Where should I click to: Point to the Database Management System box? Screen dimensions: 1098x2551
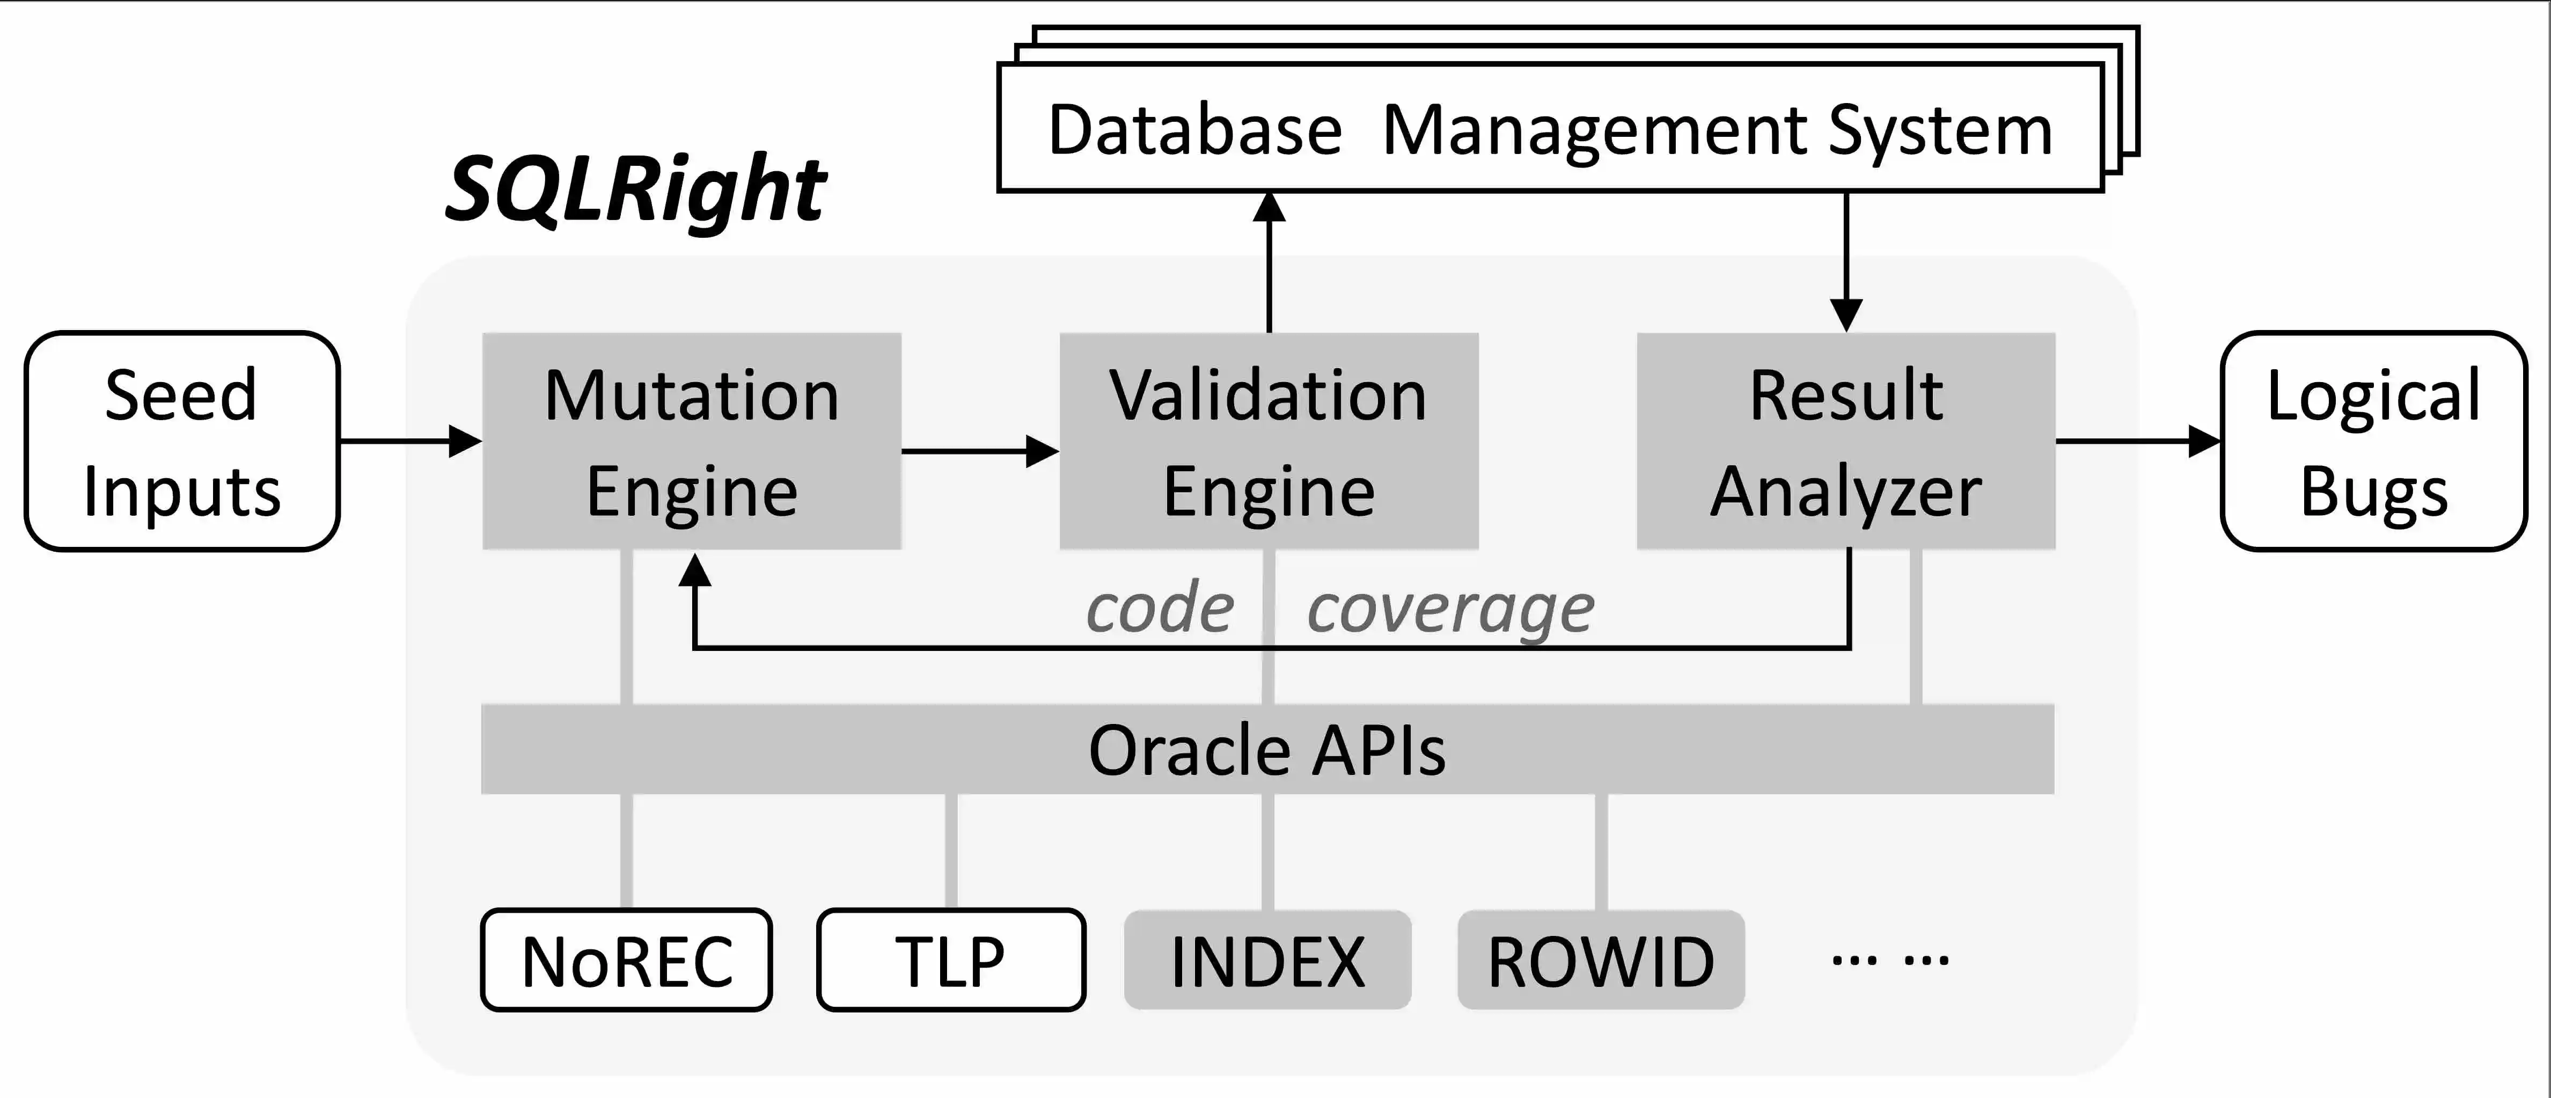tap(1550, 129)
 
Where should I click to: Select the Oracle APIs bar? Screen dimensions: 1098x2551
tap(1267, 750)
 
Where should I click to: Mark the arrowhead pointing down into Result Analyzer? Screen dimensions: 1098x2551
tap(1846, 315)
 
